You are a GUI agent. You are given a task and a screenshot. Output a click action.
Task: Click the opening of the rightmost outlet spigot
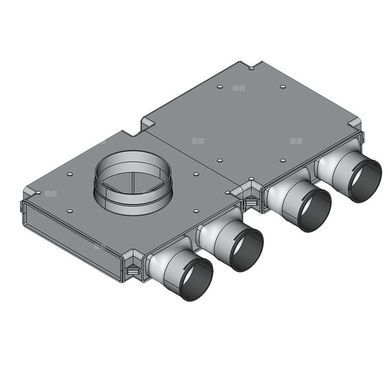click(365, 180)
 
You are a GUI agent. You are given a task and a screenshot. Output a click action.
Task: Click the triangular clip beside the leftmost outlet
click(133, 268)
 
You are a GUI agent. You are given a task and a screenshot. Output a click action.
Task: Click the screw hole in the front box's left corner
click(39, 192)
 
